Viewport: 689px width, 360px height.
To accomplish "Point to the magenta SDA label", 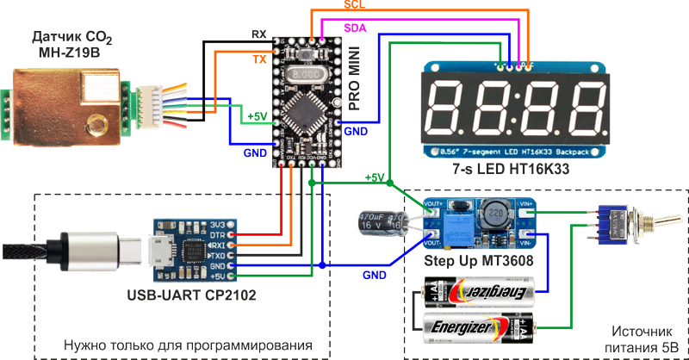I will coord(354,28).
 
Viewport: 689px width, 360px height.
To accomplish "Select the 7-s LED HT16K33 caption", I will coord(515,169).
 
